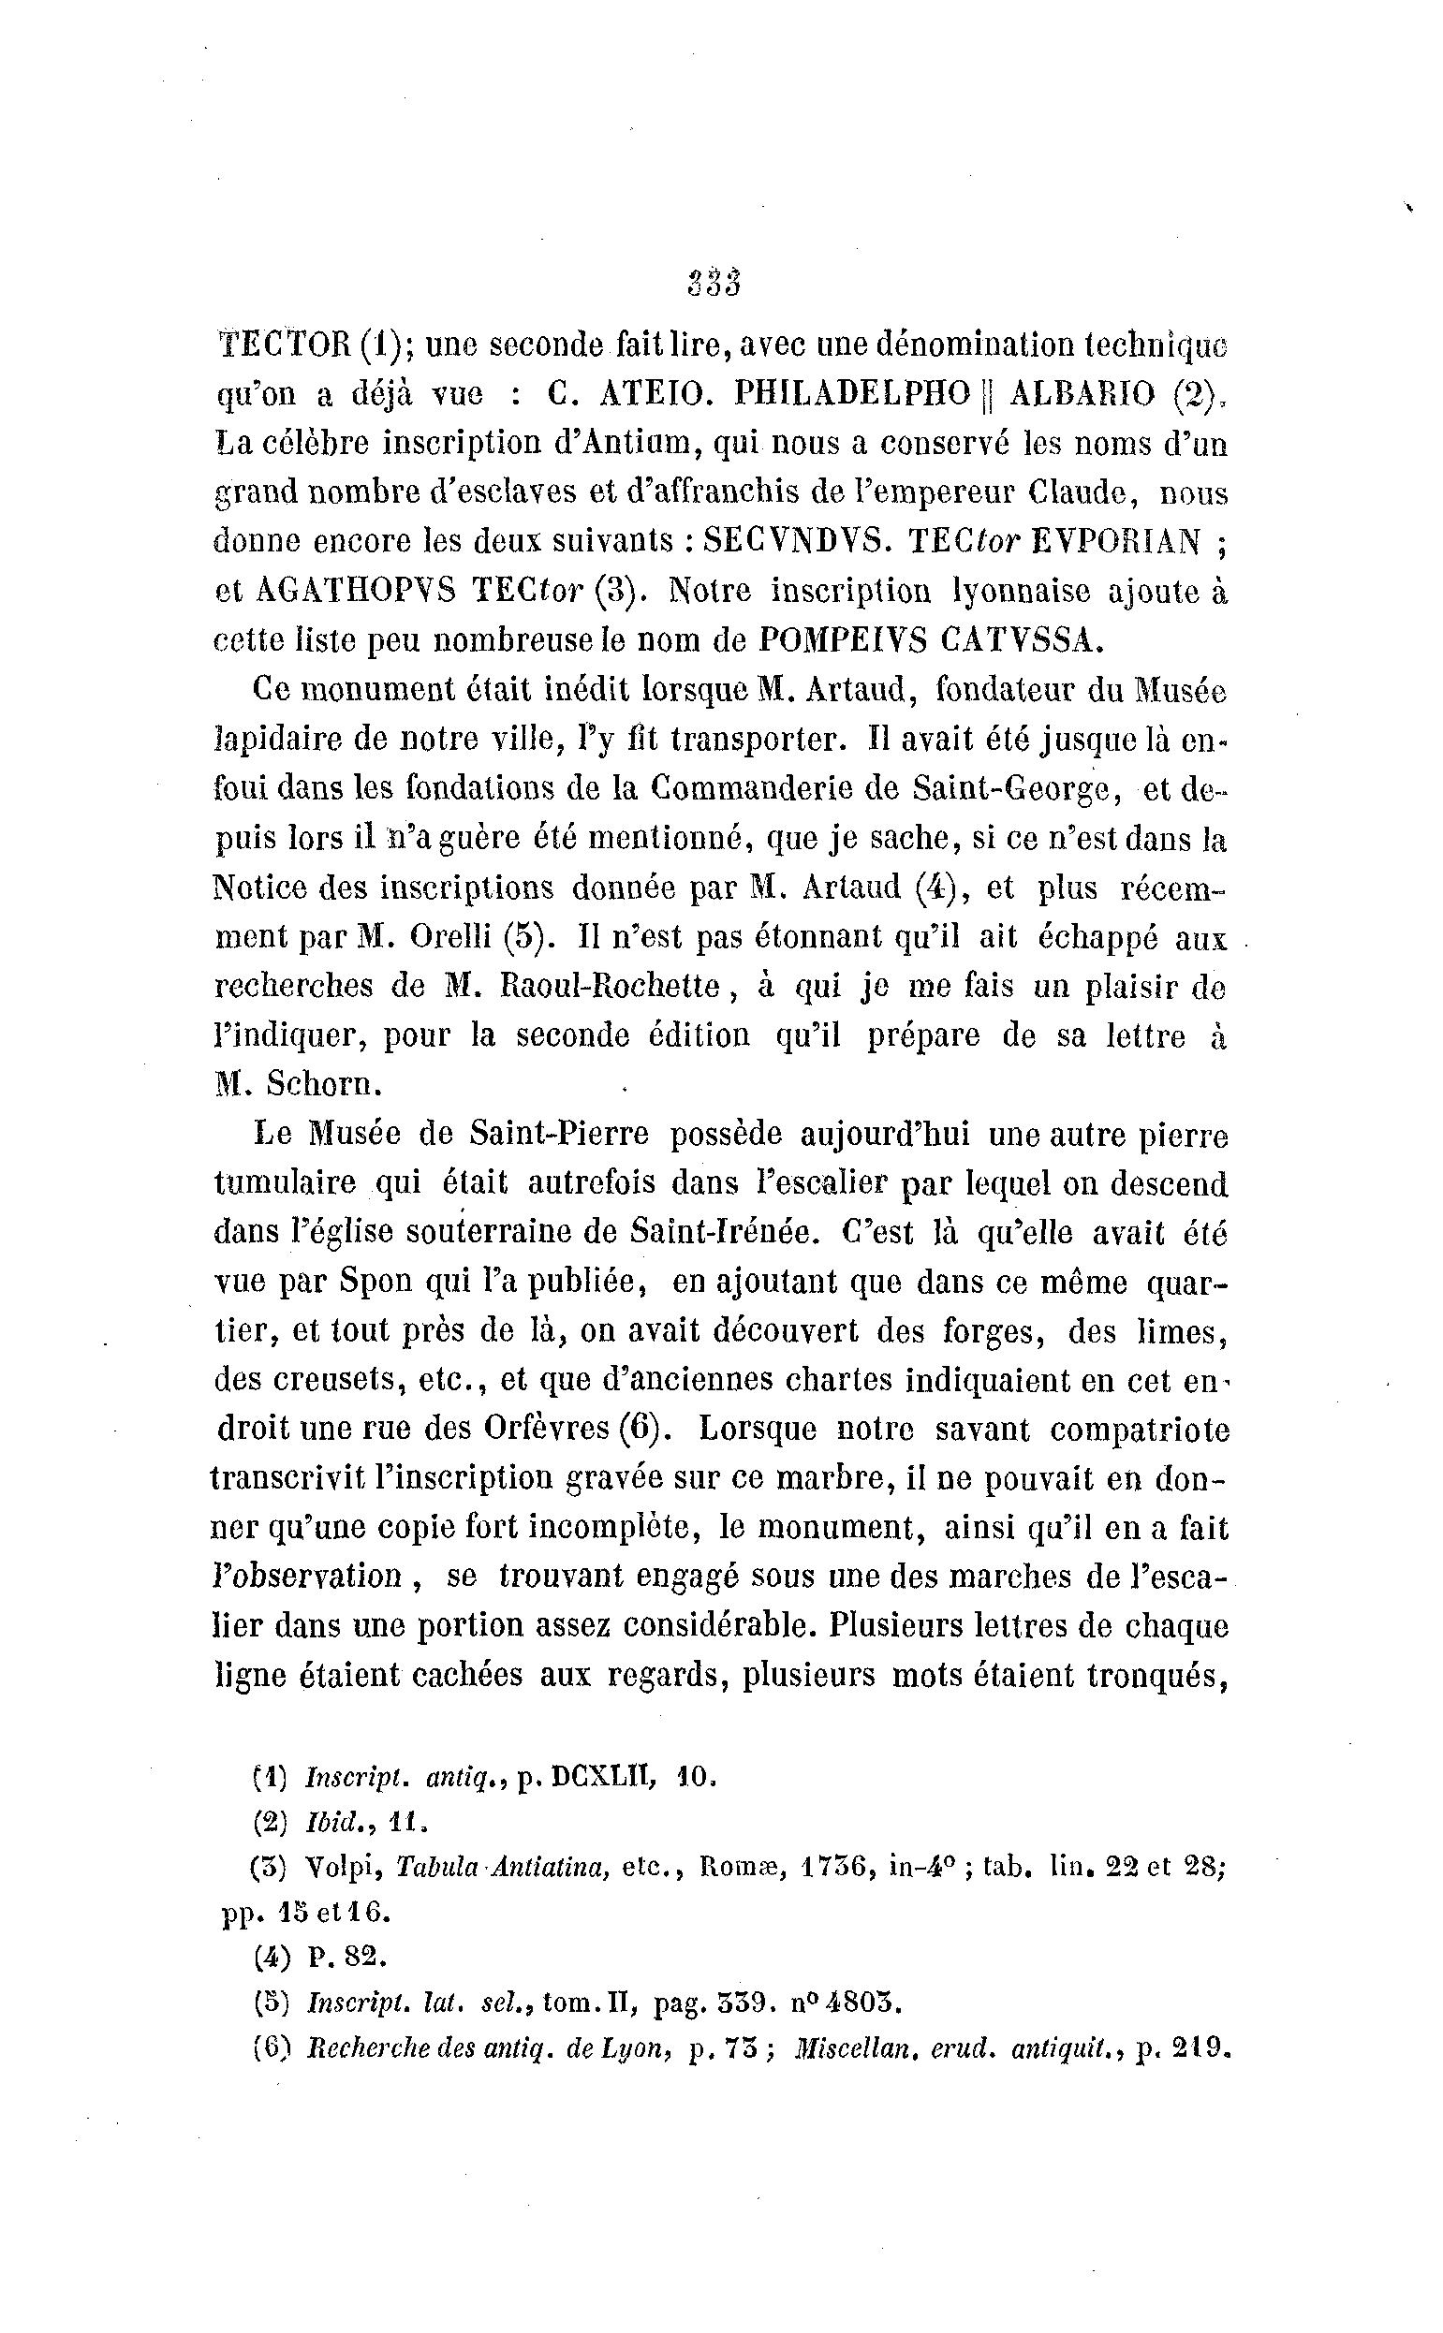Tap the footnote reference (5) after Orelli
[528, 937]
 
